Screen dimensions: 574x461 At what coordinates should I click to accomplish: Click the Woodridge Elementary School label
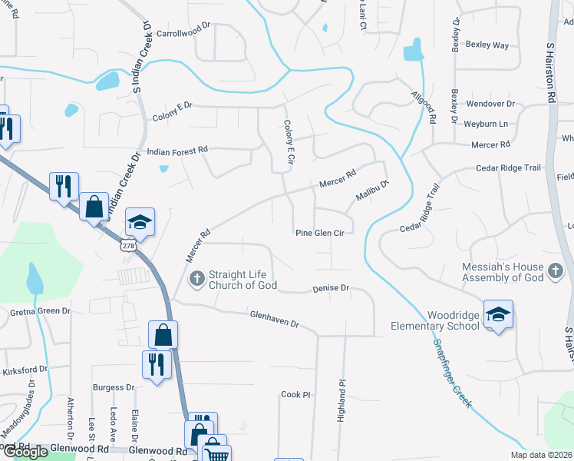point(443,320)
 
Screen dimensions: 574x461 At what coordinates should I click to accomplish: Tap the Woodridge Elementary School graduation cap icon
point(498,314)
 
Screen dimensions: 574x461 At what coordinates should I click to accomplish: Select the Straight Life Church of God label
point(238,280)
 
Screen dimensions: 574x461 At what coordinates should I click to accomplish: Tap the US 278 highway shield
point(128,244)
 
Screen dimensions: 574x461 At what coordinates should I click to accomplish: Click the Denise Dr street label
point(331,289)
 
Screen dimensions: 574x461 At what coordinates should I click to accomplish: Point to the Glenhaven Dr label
point(274,319)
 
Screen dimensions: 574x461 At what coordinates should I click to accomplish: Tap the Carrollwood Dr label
point(183,35)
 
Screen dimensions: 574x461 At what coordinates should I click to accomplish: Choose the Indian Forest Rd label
point(177,151)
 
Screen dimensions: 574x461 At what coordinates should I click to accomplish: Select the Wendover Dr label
point(490,104)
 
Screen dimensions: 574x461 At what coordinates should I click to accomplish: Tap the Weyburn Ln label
point(487,124)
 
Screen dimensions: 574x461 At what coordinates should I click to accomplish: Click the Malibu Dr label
point(373,191)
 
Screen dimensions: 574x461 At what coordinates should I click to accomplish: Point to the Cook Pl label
point(295,394)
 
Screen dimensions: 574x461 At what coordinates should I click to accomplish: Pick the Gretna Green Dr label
point(40,313)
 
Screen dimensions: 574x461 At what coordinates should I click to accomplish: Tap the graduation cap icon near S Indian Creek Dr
point(140,221)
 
